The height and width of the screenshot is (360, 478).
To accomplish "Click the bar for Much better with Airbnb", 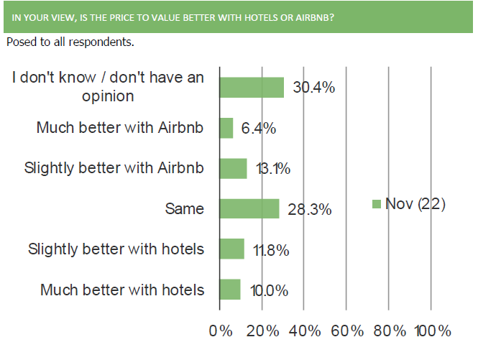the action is click(x=226, y=128).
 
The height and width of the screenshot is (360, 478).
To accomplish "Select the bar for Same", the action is click(x=249, y=209).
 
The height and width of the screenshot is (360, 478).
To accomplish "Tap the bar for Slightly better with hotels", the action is click(x=232, y=249).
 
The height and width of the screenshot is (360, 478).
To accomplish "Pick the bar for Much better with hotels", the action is click(x=230, y=290).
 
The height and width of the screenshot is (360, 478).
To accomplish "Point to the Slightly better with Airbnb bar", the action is click(x=233, y=169).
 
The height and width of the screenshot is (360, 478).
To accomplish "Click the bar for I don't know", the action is click(x=252, y=88).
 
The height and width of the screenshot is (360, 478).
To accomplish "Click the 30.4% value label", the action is click(x=313, y=88).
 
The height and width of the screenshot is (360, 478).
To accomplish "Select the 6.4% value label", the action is click(x=259, y=128).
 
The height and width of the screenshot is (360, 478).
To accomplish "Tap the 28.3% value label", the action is click(x=309, y=209).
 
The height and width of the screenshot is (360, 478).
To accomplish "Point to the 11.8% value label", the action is click(x=271, y=250).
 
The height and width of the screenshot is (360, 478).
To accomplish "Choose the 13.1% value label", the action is click(x=273, y=169).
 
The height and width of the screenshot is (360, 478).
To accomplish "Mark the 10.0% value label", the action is click(x=269, y=290).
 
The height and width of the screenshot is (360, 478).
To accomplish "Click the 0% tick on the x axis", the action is click(x=221, y=331).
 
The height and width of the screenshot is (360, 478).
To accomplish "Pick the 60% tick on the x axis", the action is click(x=347, y=331).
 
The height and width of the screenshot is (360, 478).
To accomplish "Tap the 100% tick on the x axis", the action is click(x=433, y=331).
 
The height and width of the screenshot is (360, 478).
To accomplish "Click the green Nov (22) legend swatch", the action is click(x=377, y=204).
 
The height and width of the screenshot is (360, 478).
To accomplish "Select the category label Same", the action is click(x=185, y=209).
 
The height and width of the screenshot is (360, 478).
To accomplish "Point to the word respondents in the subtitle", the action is click(x=101, y=42).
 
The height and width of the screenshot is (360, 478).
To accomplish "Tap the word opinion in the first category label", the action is click(x=108, y=96).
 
